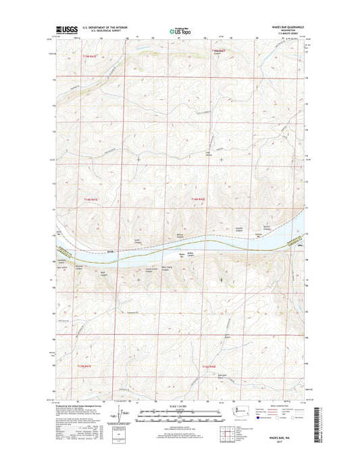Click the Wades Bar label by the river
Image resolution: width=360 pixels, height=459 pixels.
181,255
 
